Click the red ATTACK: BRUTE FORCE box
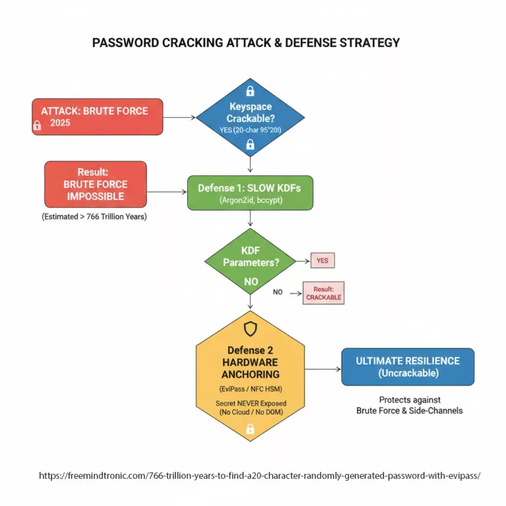pos(97,116)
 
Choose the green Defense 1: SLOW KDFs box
pos(250,193)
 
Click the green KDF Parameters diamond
pos(250,261)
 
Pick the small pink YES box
pos(323,260)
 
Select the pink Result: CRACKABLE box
pos(323,292)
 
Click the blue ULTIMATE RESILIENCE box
pos(407,367)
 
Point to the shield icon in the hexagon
pos(250,329)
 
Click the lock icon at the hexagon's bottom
pos(250,429)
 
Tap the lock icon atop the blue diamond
pos(250,90)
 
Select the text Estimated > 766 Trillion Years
pos(95,217)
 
